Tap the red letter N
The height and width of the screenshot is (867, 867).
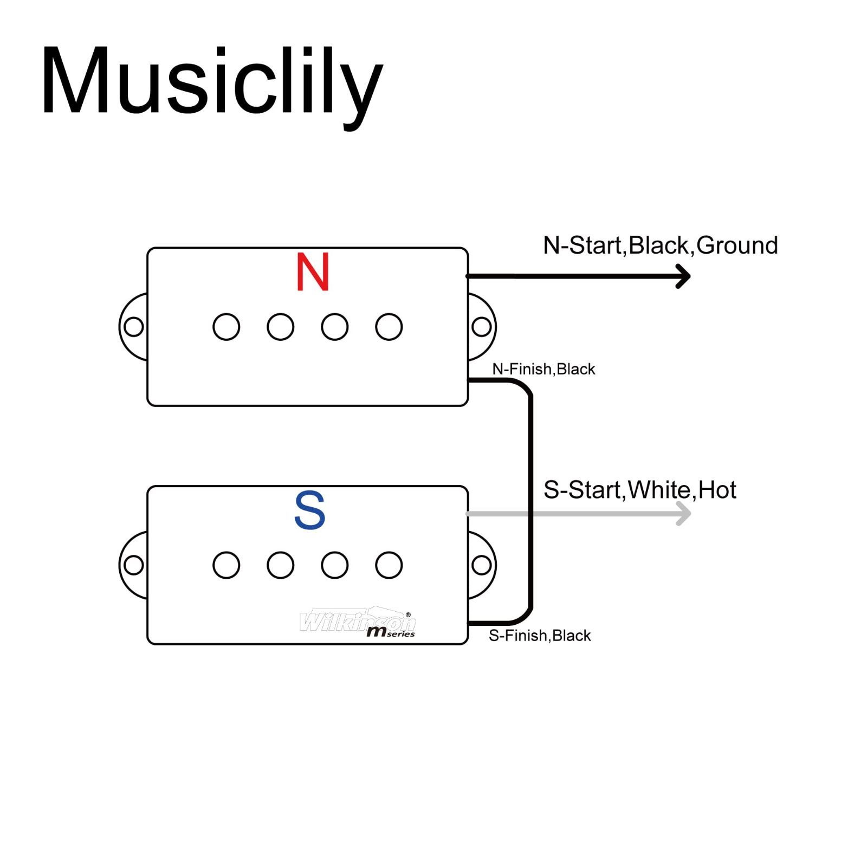pos(313,272)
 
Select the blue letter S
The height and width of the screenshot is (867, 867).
pos(309,510)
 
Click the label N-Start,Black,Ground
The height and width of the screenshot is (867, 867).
pos(660,245)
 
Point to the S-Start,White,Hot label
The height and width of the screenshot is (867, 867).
pos(639,490)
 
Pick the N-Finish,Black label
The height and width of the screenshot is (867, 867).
pos(544,369)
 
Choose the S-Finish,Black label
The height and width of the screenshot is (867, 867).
pos(540,636)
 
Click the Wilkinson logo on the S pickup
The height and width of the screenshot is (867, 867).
pos(358,622)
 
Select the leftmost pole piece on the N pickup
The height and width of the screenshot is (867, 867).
pos(227,327)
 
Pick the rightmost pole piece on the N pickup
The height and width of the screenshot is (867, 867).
pos(389,327)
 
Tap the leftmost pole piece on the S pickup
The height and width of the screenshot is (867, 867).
pos(227,565)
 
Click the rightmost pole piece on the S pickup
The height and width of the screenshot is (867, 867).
pos(389,565)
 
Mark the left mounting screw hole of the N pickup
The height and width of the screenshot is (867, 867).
pos(134,327)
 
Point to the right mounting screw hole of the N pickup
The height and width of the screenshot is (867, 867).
pos(481,327)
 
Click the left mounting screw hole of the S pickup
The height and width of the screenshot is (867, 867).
pos(134,565)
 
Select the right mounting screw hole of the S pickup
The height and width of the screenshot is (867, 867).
pos(481,565)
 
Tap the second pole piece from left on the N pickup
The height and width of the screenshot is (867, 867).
pos(281,327)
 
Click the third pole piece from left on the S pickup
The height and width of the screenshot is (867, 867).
pos(335,565)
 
